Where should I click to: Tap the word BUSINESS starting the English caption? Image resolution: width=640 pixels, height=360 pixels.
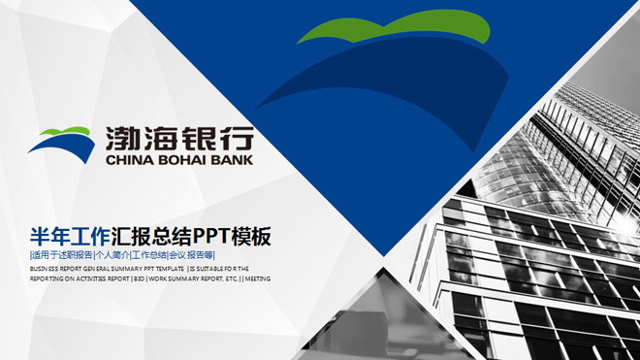coord(43,267)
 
